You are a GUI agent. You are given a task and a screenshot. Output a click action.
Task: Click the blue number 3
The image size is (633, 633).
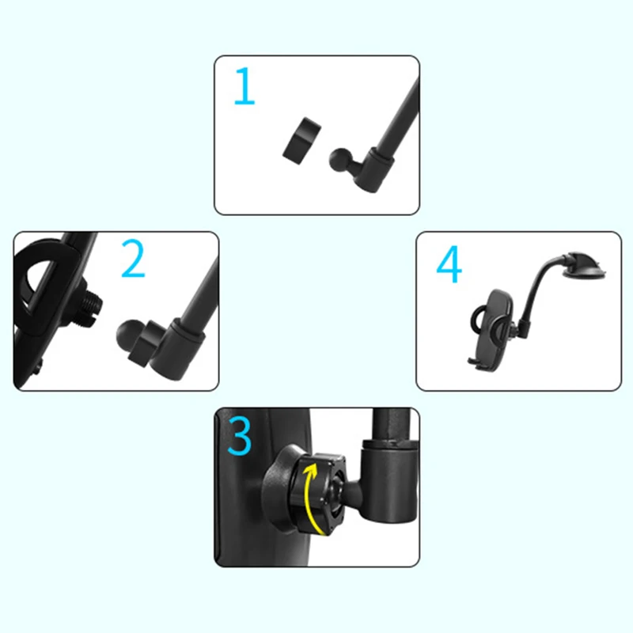(239, 436)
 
